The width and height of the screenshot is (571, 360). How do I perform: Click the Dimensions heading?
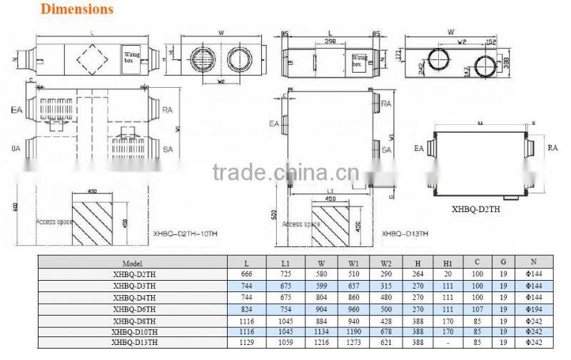tap(77, 9)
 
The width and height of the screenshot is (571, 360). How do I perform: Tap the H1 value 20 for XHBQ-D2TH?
tap(447, 275)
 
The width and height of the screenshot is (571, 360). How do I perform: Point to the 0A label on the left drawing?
tap(15, 149)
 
